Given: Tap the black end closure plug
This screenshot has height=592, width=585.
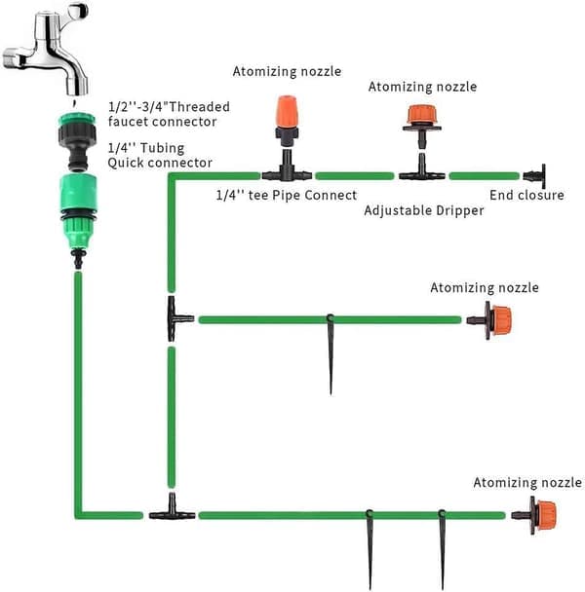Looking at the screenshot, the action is point(535,176).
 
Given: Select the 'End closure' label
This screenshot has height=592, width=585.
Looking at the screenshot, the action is point(526,195).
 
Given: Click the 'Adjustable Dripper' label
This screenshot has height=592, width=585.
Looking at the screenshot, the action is point(423,210).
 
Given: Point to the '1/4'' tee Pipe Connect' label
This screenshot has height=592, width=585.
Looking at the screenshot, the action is point(287,195).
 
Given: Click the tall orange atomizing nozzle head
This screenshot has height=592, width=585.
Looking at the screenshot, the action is point(287,112).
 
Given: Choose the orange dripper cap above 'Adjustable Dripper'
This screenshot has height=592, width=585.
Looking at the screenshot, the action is point(422,115).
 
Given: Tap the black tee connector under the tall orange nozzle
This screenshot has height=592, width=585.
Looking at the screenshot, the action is point(287,168).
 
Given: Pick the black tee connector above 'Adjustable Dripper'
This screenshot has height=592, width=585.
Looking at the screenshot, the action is point(422,168).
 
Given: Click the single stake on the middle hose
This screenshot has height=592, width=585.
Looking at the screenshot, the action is point(331,354).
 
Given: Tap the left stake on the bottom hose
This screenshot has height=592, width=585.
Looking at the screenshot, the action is point(370,549).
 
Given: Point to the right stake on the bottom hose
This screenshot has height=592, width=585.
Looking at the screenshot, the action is point(442,549).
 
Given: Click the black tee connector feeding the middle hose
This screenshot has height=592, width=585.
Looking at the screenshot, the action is point(176,318).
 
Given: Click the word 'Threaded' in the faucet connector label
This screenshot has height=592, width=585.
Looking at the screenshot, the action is point(199,107).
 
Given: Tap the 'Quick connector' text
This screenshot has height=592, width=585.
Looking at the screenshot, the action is point(160,163).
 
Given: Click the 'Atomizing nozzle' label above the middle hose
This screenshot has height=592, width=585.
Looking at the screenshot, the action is point(485,287).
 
